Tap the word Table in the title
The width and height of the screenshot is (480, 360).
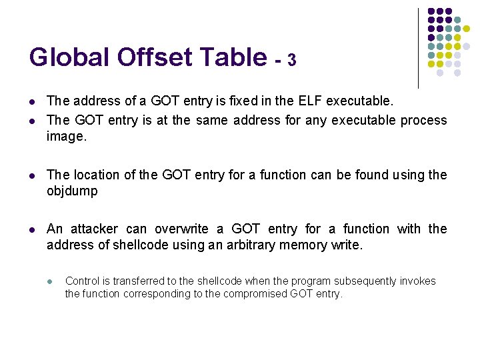[x=235, y=57]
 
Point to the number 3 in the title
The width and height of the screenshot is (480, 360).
[x=291, y=60]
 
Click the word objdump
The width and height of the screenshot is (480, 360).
[x=72, y=191]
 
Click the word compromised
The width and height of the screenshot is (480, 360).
[x=257, y=293]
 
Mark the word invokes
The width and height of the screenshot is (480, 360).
[x=417, y=281]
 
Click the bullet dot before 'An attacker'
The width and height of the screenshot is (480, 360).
[x=31, y=229]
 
